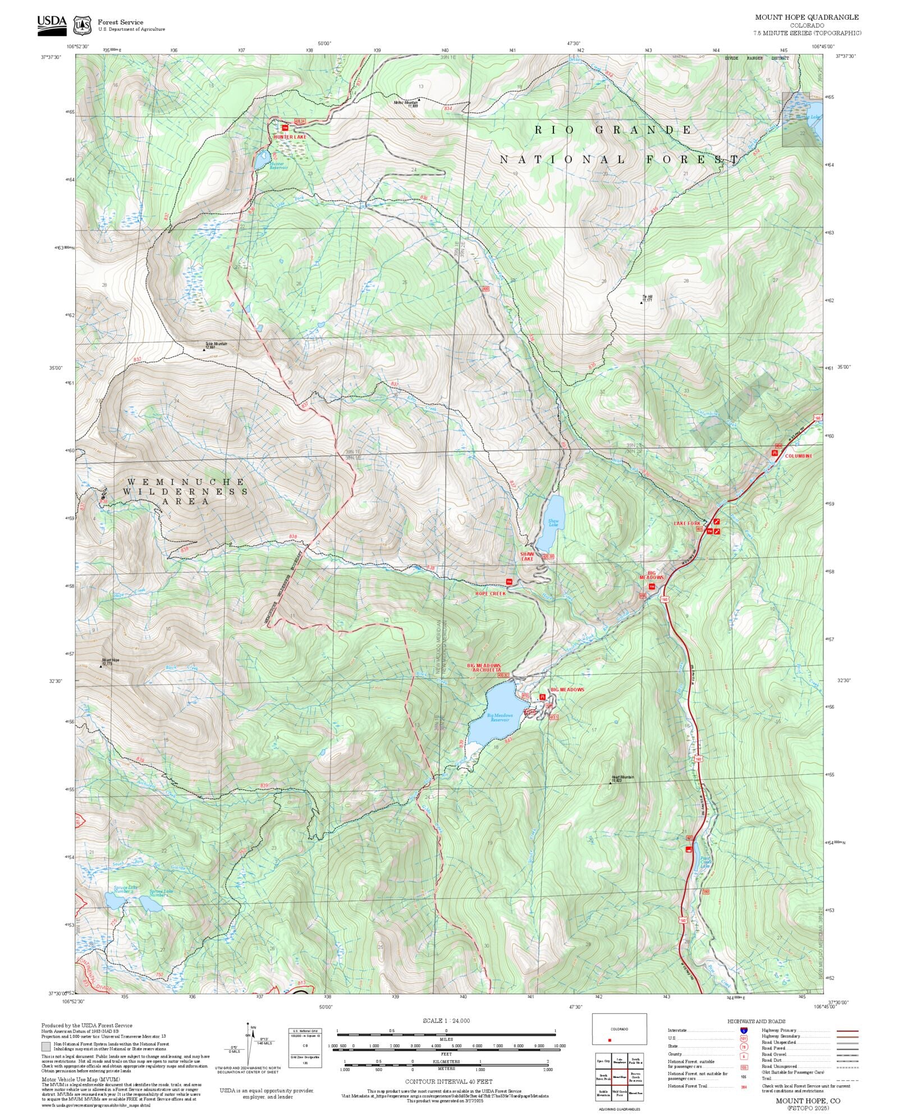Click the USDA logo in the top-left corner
[x=52, y=25]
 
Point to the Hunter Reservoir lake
[x=262, y=159]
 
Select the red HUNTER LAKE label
[x=290, y=136]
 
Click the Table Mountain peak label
[x=216, y=345]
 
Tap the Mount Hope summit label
[x=110, y=661]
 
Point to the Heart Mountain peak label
[x=622, y=779]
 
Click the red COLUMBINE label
[x=798, y=456]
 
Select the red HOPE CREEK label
[x=490, y=593]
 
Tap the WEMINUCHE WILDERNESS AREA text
[x=185, y=491]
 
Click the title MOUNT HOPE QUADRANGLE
[x=807, y=17]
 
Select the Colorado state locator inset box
[x=619, y=1029]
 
